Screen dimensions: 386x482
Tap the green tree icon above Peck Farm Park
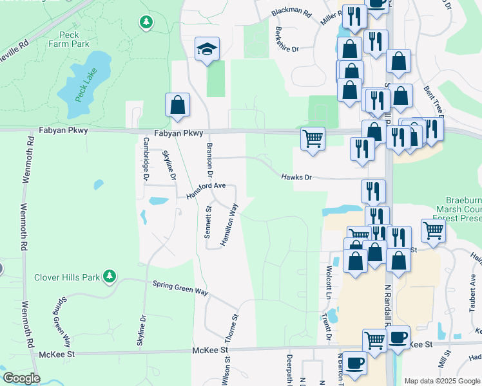[x=146, y=23]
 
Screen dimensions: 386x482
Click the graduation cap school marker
[x=206, y=50]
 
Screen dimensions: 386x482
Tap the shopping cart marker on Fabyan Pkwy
[x=313, y=138]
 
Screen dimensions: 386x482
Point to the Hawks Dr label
[x=296, y=176]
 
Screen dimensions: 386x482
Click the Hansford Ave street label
[x=206, y=189]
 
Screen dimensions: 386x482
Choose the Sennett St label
[x=207, y=222]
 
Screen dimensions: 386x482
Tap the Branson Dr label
[x=209, y=160]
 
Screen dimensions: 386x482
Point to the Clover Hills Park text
[x=67, y=277]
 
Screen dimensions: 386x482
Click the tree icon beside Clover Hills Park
[x=110, y=277]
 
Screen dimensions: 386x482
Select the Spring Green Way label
[x=180, y=288]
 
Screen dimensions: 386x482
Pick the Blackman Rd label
[x=291, y=12]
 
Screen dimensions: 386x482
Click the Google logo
[x=21, y=378]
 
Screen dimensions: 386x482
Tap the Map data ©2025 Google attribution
[x=441, y=381]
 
